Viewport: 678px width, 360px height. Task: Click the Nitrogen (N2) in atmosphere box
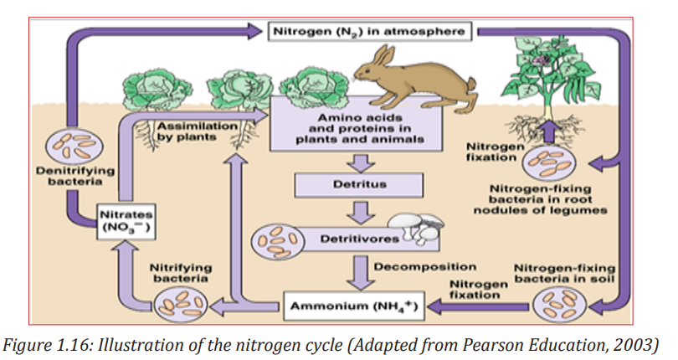click(370, 31)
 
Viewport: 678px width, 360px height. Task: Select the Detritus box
click(359, 185)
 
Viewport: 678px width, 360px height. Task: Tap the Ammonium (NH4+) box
click(354, 306)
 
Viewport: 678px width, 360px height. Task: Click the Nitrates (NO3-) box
click(126, 221)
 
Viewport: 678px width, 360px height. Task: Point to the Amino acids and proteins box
click(357, 124)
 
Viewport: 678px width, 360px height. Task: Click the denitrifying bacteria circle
click(74, 147)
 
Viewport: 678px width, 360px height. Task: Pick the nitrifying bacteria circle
click(181, 304)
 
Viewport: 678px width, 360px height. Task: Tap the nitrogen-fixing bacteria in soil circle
click(559, 304)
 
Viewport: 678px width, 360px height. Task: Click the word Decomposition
click(424, 266)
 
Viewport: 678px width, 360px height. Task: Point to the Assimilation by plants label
click(198, 131)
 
